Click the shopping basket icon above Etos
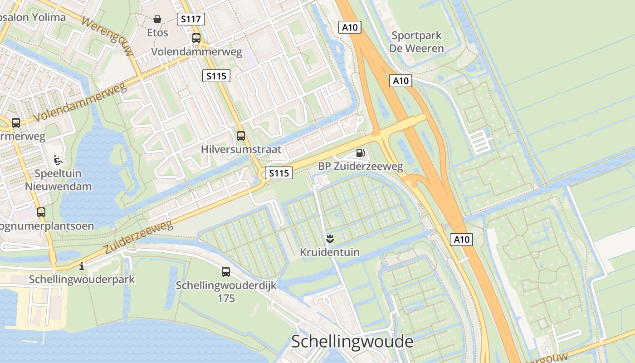tap(157, 19)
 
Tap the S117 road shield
tap(190, 19)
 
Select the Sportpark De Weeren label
tap(416, 42)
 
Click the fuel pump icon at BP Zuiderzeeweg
tap(360, 153)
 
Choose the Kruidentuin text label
tap(330, 252)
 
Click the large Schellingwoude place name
tap(352, 341)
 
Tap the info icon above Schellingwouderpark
tap(82, 266)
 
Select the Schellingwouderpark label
tap(82, 279)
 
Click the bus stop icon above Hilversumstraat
tap(241, 136)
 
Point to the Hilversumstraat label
tap(241, 149)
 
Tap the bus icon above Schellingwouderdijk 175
tap(226, 272)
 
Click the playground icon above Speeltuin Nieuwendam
tap(58, 160)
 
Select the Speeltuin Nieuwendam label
tap(58, 180)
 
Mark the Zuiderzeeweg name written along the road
tap(139, 237)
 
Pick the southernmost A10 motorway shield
tap(461, 239)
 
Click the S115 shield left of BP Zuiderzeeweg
tap(278, 173)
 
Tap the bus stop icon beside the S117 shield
tap(196, 38)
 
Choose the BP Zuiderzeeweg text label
tap(361, 167)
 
